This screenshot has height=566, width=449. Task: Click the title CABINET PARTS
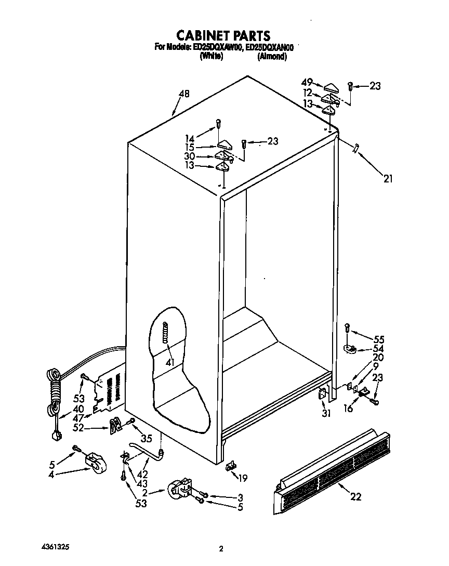tap(223, 35)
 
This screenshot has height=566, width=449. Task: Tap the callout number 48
tap(184, 94)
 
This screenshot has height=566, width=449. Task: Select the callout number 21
tap(388, 179)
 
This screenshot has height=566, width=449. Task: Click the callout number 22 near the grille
tap(355, 496)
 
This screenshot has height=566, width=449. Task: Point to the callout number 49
tap(307, 82)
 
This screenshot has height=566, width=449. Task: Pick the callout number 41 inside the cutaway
tap(169, 362)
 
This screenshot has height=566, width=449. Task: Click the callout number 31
tap(326, 414)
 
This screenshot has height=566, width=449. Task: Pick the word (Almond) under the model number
tap(272, 57)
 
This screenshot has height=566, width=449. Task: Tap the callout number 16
tap(348, 409)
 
